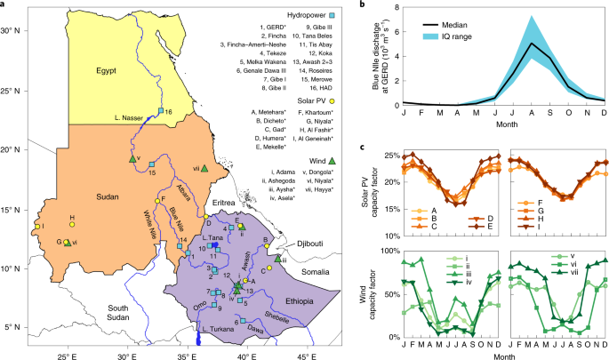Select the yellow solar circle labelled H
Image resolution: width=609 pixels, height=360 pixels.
point(72,225)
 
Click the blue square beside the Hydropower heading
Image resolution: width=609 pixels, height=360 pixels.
point(333,17)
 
